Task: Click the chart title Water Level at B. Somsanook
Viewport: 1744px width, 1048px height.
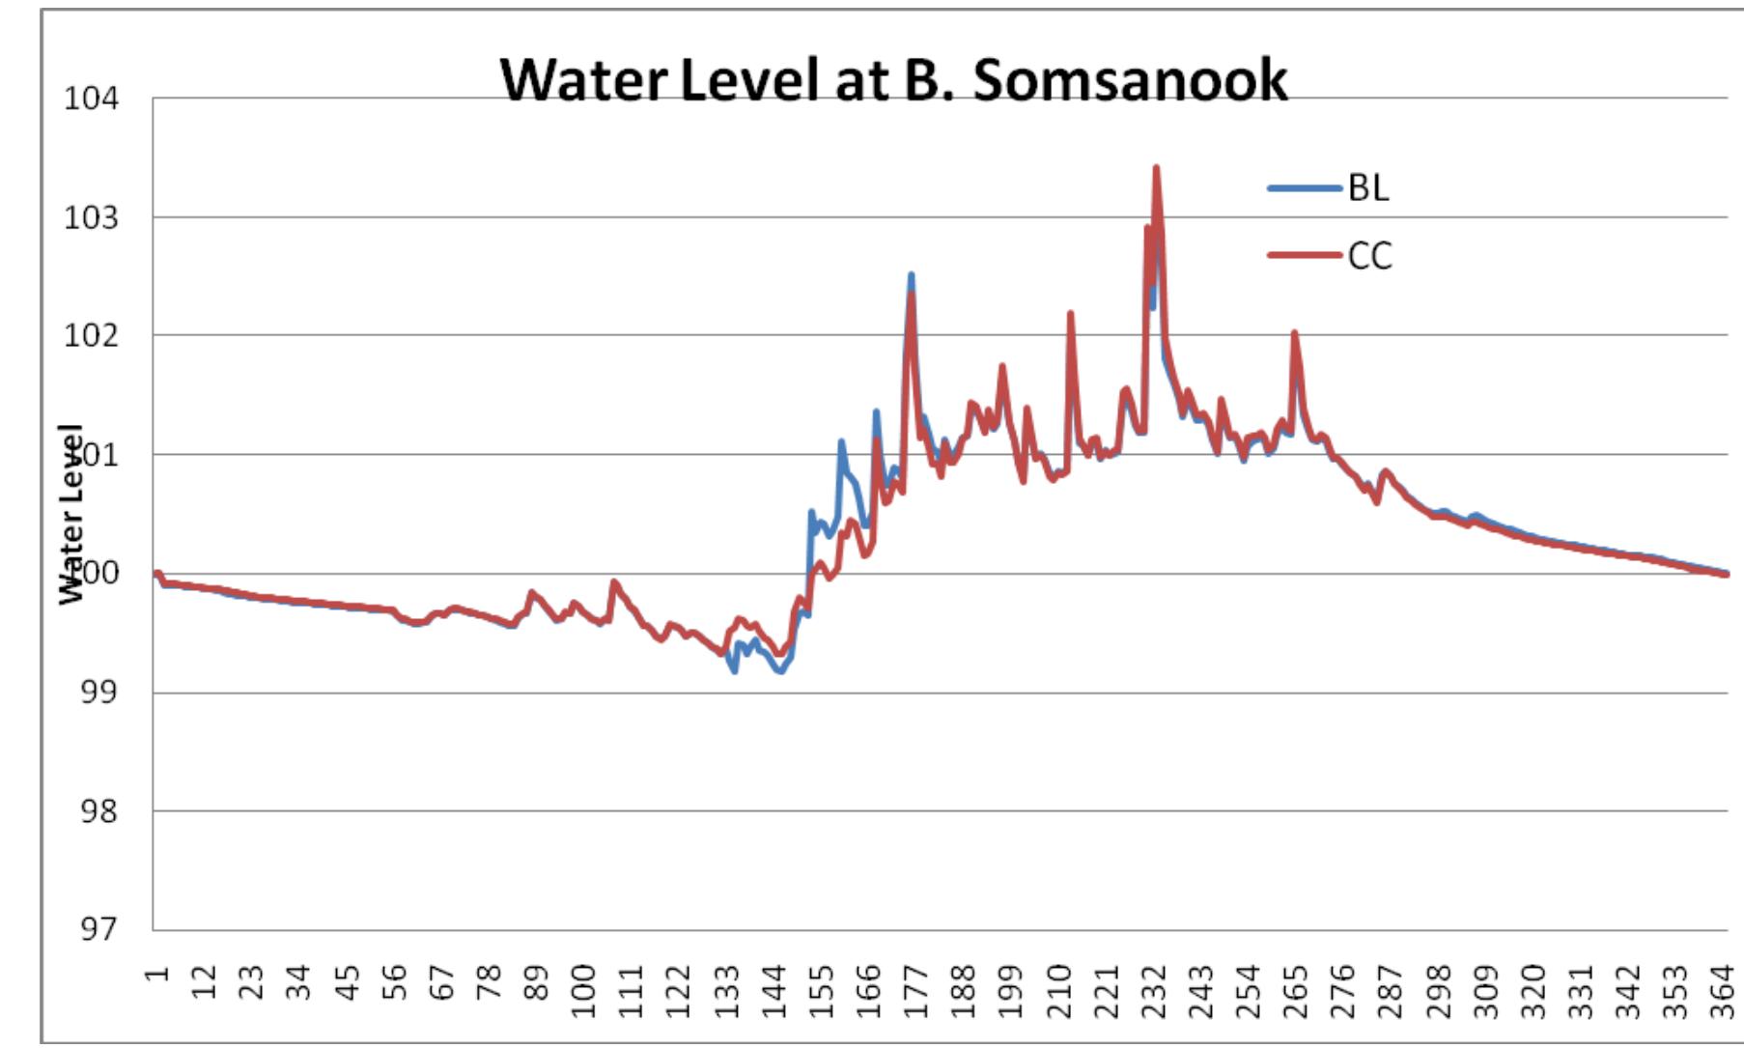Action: point(893,79)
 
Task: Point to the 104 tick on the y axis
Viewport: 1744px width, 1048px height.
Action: point(91,99)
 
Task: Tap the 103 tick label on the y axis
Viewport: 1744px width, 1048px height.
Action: point(91,217)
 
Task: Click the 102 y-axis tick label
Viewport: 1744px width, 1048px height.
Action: point(91,335)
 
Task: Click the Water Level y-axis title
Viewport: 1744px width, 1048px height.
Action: point(71,514)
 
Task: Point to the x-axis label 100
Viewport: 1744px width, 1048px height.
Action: point(583,991)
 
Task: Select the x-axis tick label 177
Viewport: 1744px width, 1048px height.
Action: point(915,991)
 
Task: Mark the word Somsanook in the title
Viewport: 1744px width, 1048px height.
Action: point(1130,79)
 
